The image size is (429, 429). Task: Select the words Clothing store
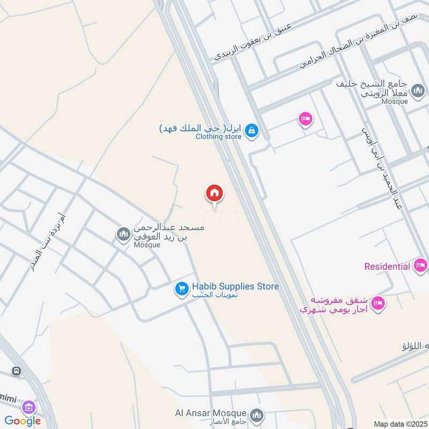pyautogui.click(x=218, y=137)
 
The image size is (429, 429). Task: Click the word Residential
pyautogui.click(x=387, y=267)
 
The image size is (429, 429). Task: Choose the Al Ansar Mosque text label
pyautogui.click(x=210, y=413)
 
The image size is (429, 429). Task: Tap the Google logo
pyautogui.click(x=23, y=421)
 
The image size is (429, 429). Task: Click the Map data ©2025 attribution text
pyautogui.click(x=400, y=424)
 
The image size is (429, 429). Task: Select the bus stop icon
pyautogui.click(x=17, y=371)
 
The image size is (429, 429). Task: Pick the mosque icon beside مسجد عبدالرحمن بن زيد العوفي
pyautogui.click(x=123, y=234)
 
